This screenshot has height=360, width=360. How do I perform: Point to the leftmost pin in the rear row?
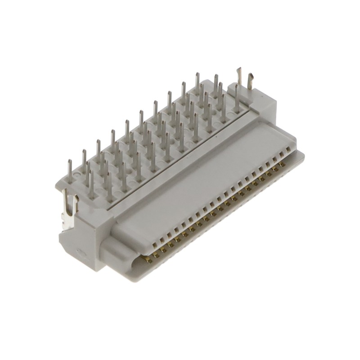coord(69,169)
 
